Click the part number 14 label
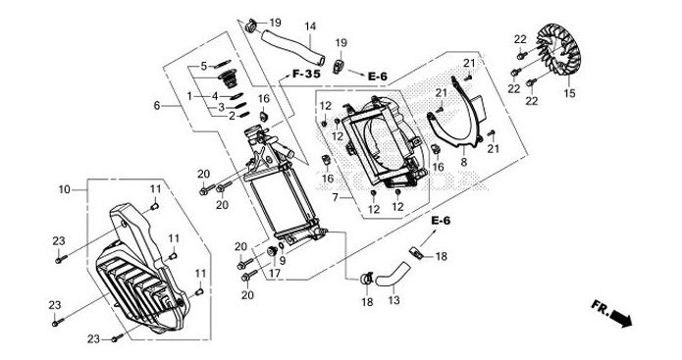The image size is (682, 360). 309,26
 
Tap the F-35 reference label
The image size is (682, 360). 304,75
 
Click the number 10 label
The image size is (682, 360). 65,188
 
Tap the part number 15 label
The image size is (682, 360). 568,95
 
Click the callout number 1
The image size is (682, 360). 190,95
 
